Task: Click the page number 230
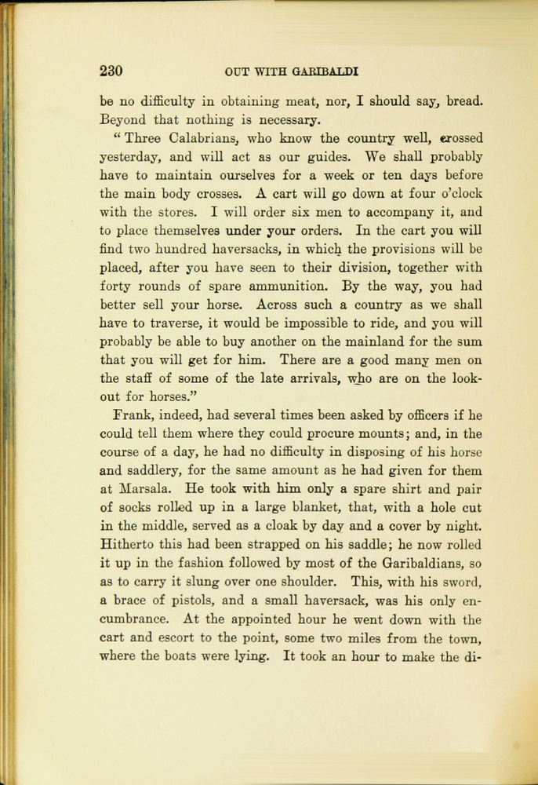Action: pyautogui.click(x=111, y=71)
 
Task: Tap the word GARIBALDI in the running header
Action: pyautogui.click(x=325, y=71)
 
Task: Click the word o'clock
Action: pyautogui.click(x=456, y=193)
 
